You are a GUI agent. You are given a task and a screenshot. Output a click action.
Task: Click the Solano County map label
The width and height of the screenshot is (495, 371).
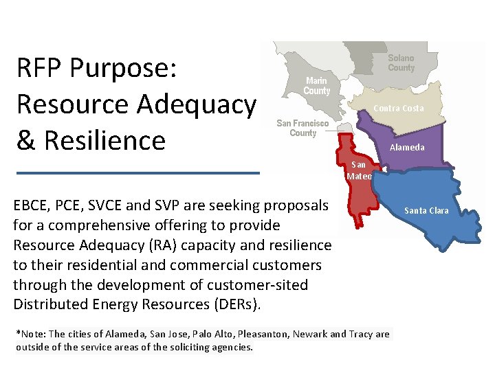coord(401,63)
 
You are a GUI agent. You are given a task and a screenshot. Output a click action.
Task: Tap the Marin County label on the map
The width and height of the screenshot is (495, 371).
coord(317,86)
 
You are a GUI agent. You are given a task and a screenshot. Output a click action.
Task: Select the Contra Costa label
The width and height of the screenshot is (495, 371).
coord(399,109)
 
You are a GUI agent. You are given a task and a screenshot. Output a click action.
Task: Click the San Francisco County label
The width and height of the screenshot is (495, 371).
coord(302,128)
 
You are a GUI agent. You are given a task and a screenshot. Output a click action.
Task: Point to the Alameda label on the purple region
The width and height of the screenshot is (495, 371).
coord(407,148)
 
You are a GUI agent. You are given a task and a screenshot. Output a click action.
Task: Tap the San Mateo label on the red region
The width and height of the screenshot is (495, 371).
coord(359,170)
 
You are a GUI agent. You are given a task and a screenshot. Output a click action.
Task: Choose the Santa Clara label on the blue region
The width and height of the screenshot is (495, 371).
coord(426,211)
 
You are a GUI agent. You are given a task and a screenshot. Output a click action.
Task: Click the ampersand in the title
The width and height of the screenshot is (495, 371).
coord(26,140)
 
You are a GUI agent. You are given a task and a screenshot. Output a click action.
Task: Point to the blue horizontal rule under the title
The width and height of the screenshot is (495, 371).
coord(137,172)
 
